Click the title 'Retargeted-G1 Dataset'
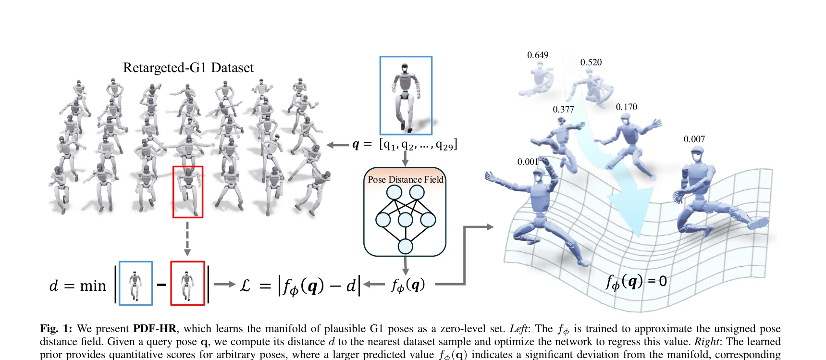188,68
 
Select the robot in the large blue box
406,96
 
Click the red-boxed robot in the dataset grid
188,191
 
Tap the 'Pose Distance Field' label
406,179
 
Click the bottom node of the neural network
406,246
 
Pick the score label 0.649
538,55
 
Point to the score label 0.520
591,62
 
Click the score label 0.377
563,110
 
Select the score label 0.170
627,107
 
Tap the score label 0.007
694,139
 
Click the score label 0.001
528,162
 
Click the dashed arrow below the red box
187,238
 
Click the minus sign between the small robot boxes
161,285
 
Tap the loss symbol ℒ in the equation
245,286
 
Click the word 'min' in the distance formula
93,286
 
